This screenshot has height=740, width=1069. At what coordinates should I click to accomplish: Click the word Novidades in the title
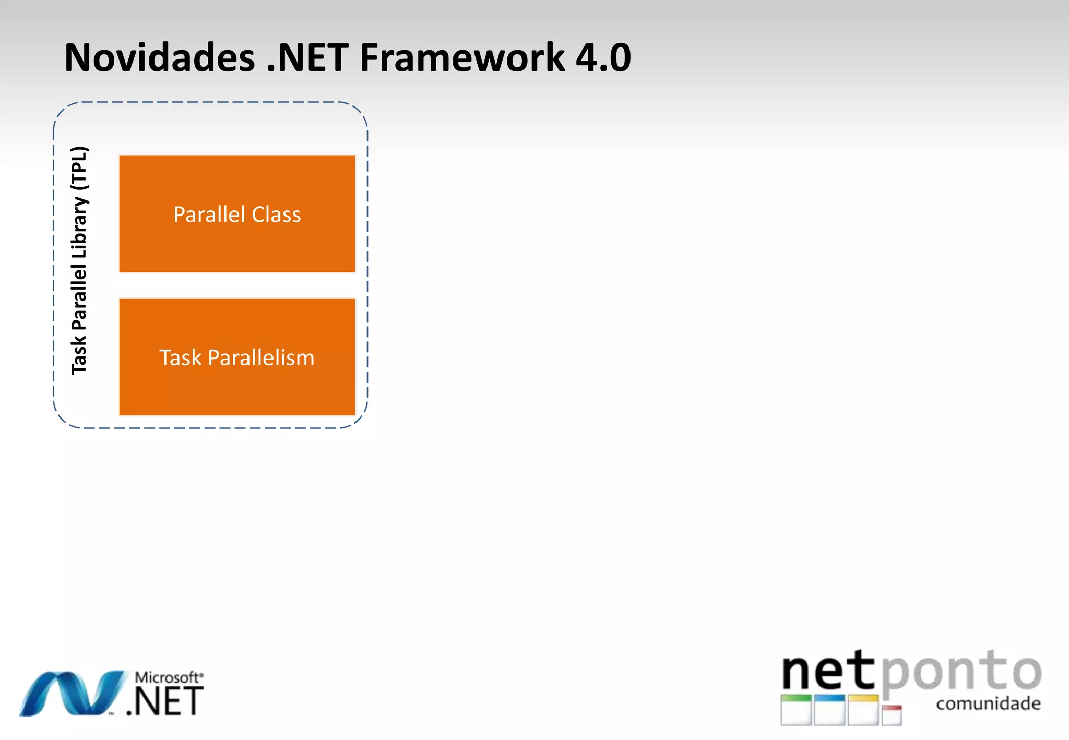click(x=159, y=57)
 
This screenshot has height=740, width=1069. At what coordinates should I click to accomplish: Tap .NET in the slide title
click(x=307, y=57)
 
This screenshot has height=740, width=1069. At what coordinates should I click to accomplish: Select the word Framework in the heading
click(x=462, y=57)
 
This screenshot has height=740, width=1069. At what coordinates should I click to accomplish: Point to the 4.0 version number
click(x=603, y=57)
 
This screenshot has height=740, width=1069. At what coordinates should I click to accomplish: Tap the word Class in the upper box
click(x=276, y=214)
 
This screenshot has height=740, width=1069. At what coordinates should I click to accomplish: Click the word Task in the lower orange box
click(x=180, y=358)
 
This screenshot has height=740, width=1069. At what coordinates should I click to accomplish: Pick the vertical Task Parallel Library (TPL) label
click(x=79, y=261)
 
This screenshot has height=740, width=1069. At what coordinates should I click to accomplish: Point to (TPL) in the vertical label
click(x=79, y=168)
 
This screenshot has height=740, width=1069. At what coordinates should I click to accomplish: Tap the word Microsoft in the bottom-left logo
click(x=167, y=677)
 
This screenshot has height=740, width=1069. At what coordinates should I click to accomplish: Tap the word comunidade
click(x=988, y=703)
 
